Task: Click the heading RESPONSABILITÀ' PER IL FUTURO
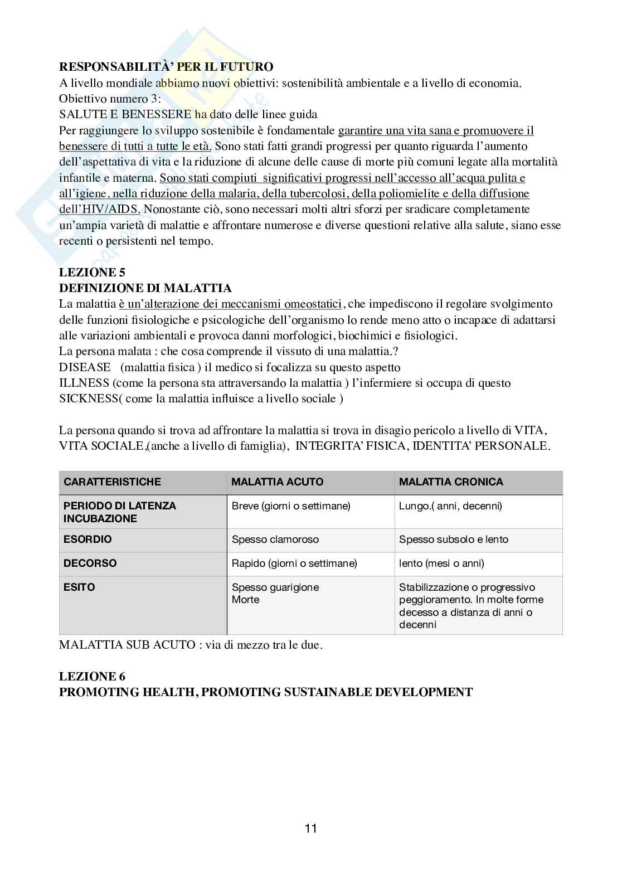point(166,67)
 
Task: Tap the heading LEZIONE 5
point(93,273)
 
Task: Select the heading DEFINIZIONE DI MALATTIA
point(145,288)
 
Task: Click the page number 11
point(311,828)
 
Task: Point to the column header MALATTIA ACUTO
point(277,482)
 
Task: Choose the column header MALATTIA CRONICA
point(451,482)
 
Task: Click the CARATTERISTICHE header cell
point(112,482)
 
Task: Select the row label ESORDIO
point(88,539)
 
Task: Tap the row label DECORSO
point(90,563)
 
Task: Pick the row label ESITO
point(79,587)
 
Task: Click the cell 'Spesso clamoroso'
point(275,539)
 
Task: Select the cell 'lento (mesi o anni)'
point(441,563)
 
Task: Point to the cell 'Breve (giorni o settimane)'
point(291,506)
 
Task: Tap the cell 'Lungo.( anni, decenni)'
point(450,506)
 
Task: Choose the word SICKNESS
point(88,399)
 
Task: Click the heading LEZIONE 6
point(93,677)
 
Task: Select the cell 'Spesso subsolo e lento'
point(454,539)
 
